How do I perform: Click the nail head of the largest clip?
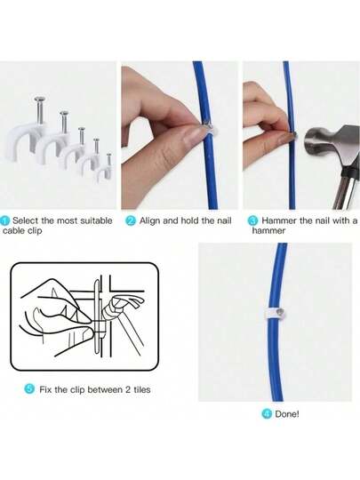click(39, 99)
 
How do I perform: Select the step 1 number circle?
click(5, 220)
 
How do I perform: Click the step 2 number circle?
click(131, 220)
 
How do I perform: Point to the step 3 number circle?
click(252, 220)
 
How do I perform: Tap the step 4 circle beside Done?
click(268, 414)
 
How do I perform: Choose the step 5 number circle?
click(29, 389)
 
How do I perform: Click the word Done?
click(287, 414)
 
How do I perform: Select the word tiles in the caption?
click(142, 389)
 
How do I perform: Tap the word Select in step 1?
click(26, 220)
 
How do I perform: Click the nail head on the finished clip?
click(281, 312)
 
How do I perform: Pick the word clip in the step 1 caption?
click(35, 231)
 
